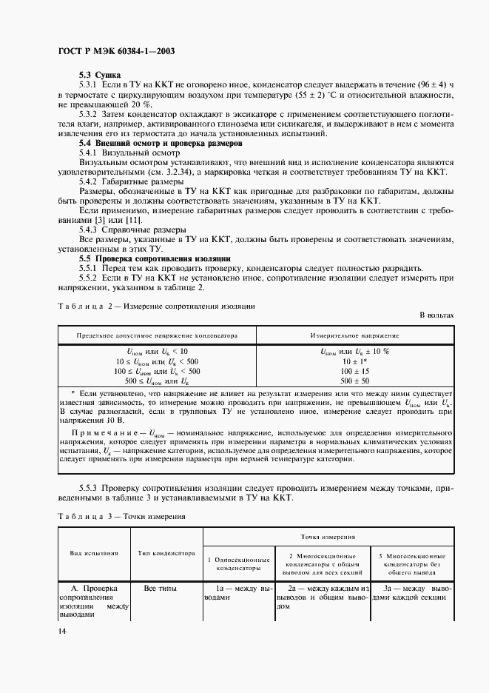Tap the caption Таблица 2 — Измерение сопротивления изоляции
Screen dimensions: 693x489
[x=156, y=305]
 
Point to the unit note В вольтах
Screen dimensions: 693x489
[x=436, y=315]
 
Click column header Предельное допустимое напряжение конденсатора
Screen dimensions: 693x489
[x=157, y=335]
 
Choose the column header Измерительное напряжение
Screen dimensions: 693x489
[x=355, y=335]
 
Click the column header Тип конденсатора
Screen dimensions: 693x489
[x=166, y=552]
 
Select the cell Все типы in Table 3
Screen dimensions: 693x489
[x=160, y=588]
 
